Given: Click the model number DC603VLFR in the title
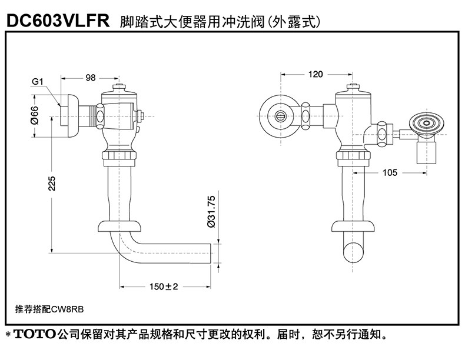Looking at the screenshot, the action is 58,21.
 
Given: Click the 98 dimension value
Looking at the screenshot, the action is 91,78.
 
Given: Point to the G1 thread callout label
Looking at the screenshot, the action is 38,82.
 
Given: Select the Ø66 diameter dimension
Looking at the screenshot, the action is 35,115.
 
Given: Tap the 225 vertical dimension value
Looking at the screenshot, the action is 52,184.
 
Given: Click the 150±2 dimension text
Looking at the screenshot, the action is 164,286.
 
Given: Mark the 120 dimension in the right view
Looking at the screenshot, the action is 315,74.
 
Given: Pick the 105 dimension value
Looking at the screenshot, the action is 390,172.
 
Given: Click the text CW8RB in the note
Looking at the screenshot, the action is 67,309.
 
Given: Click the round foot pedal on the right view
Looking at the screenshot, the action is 427,123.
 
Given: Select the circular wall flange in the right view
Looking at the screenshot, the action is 280,115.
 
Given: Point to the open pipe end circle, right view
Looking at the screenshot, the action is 353,253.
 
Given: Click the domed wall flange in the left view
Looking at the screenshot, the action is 71,115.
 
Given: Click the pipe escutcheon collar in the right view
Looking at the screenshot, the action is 353,226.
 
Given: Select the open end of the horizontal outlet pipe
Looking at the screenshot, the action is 210,254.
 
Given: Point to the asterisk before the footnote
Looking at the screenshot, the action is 9,335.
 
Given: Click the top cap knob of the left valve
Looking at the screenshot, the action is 119,87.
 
